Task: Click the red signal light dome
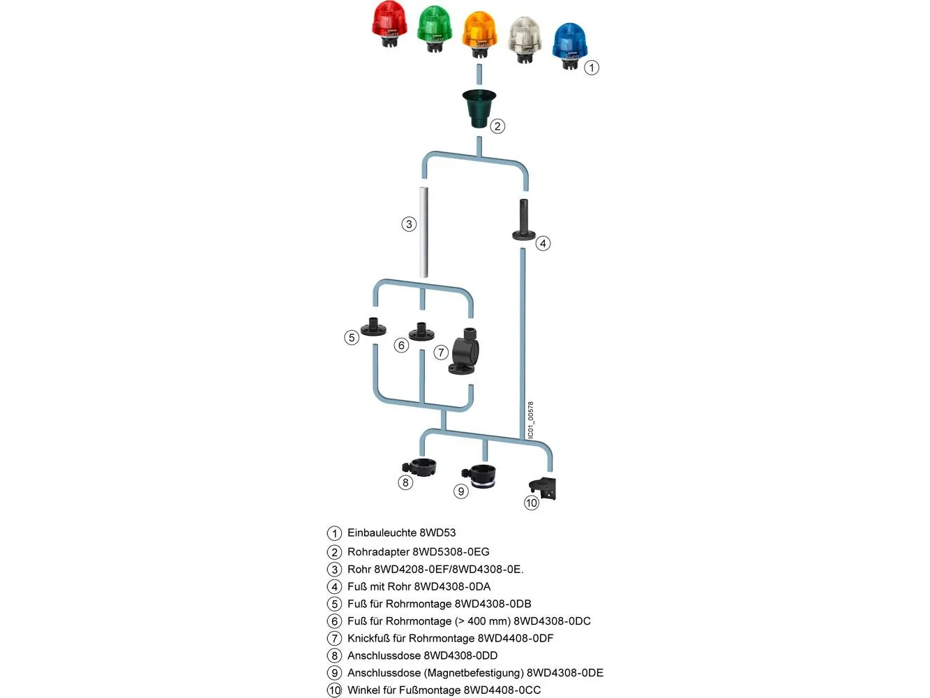tap(389, 21)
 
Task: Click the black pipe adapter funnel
tap(479, 108)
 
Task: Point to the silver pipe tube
tap(423, 231)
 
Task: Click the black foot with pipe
tap(523, 221)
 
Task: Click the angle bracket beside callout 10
tap(544, 489)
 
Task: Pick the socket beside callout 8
tap(421, 466)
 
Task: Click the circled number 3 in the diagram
tap(409, 224)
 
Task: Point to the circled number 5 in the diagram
tap(352, 338)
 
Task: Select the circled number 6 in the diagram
tap(400, 346)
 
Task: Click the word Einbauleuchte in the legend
tap(381, 533)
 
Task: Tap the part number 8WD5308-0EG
tap(451, 552)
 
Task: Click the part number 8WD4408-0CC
tap(502, 690)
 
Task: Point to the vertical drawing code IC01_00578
tap(531, 420)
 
